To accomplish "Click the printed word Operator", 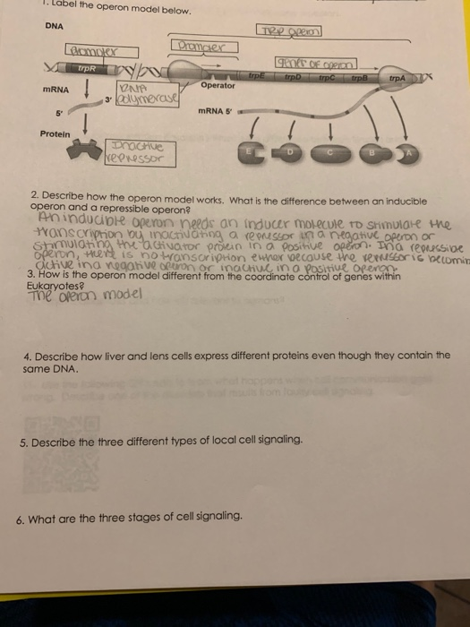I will [218, 86].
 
